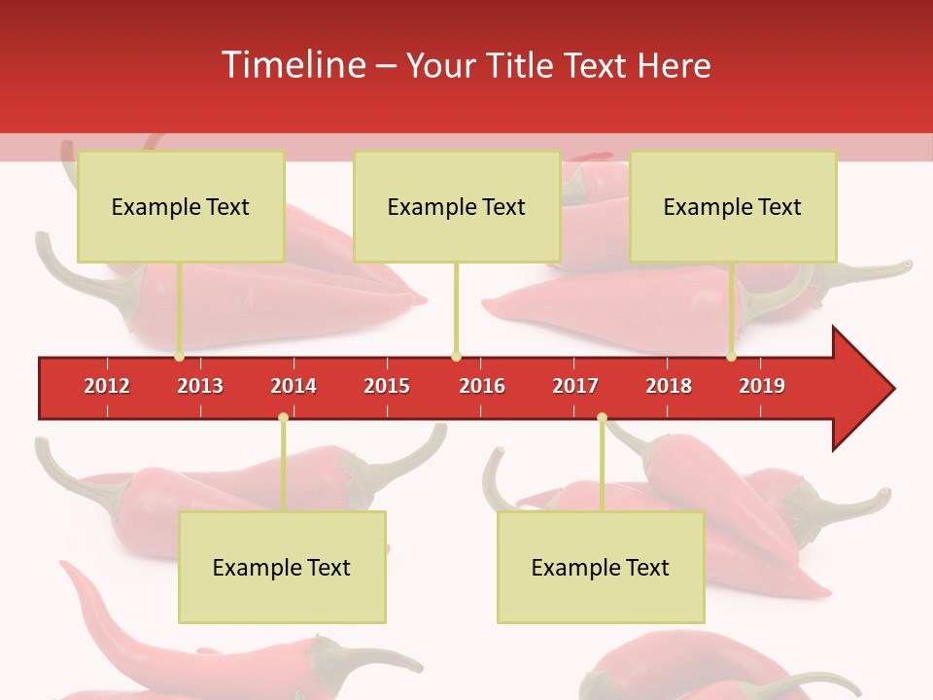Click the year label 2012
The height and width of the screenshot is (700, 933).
[x=107, y=386]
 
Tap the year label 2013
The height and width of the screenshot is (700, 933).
[x=200, y=386]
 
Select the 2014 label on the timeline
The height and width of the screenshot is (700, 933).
[x=294, y=386]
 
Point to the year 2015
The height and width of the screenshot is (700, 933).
[x=387, y=386]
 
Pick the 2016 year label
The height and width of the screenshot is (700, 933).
[x=482, y=386]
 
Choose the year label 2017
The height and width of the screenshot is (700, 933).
[x=575, y=386]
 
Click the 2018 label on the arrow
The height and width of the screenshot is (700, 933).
[x=669, y=386]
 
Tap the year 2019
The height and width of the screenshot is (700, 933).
[x=762, y=386]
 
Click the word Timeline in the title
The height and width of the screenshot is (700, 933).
[x=293, y=65]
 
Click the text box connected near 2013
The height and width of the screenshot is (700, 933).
[x=181, y=206]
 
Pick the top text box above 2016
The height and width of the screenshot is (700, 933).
[x=457, y=206]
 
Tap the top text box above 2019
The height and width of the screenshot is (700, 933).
[x=733, y=206]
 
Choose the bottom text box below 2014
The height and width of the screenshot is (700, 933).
[x=282, y=567]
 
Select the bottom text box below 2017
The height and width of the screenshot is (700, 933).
[x=601, y=567]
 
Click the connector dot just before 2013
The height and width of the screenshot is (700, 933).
[x=179, y=357]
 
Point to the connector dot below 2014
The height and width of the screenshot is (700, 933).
[x=283, y=418]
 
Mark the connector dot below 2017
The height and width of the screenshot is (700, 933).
[x=602, y=418]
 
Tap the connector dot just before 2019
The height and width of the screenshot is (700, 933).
[x=731, y=357]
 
